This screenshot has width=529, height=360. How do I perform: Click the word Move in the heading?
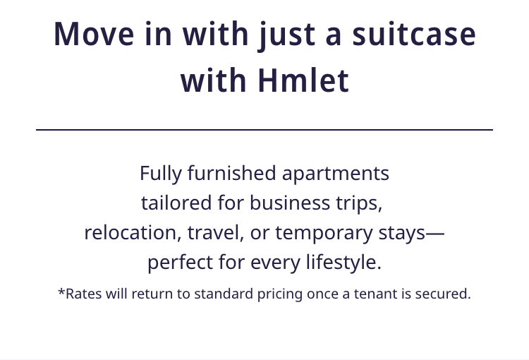click(94, 34)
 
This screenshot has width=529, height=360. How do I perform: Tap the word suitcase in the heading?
click(414, 34)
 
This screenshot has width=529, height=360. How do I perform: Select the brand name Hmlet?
click(303, 80)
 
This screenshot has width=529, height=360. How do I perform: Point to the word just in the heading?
click(287, 36)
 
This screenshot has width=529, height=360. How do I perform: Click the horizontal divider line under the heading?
click(264, 129)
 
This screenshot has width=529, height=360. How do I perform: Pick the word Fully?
click(161, 174)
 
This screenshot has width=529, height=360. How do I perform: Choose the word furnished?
click(232, 173)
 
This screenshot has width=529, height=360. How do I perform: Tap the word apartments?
click(335, 174)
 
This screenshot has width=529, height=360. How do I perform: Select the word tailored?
click(176, 203)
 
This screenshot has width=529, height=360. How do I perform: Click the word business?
click(290, 203)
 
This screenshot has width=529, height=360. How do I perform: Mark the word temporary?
click(324, 234)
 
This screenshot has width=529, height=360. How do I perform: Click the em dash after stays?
click(435, 234)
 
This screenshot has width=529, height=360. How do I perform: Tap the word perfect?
click(180, 263)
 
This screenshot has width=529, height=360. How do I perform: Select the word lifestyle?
click(343, 263)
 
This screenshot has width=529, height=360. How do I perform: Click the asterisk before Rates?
click(61, 292)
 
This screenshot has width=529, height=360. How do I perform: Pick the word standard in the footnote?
click(224, 294)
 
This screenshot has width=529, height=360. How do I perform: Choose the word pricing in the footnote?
click(280, 294)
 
